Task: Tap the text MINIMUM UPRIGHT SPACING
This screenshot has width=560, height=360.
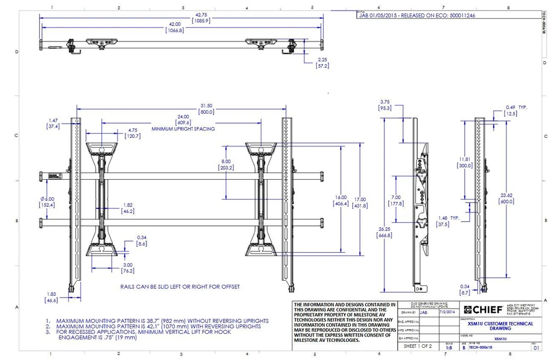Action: point(183,128)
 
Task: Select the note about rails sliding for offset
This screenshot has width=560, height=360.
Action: point(180,287)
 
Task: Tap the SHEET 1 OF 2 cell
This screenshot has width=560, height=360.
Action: point(418,346)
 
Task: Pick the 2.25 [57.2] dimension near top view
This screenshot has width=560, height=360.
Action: point(323,63)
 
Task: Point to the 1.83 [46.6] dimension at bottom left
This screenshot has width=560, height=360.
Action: point(52,297)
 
